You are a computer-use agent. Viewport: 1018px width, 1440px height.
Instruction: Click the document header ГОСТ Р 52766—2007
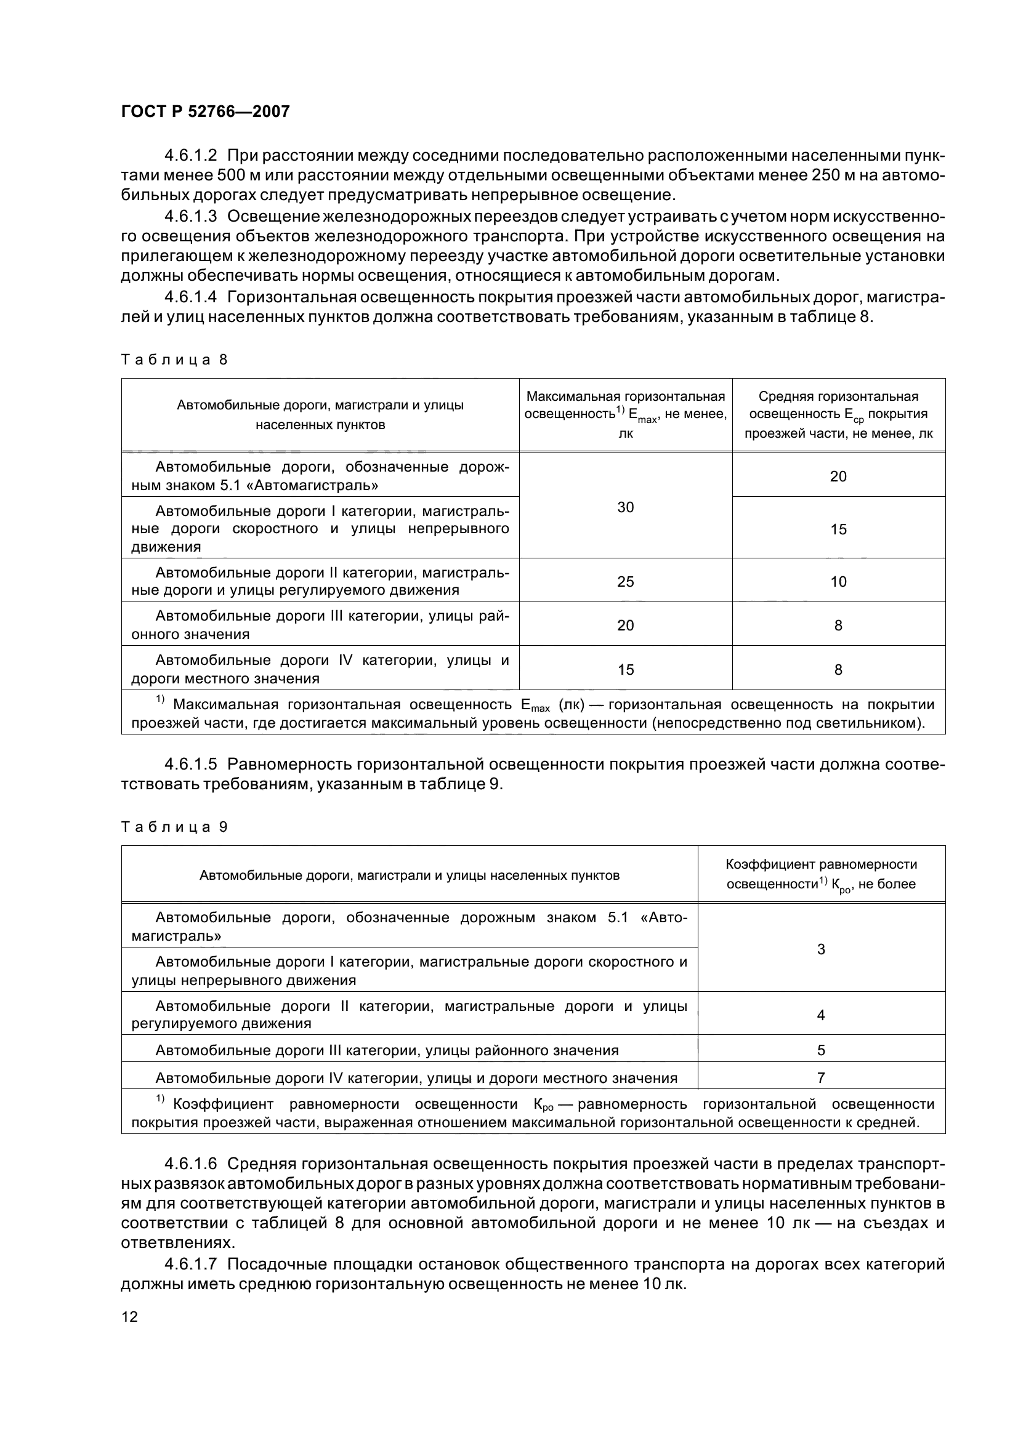[205, 111]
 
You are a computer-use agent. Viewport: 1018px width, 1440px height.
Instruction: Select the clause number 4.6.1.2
[190, 155]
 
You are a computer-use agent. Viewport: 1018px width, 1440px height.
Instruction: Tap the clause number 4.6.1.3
[190, 216]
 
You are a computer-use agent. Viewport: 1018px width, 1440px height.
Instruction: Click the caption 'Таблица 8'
[174, 360]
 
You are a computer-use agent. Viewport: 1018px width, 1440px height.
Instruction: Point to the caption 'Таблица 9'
[174, 827]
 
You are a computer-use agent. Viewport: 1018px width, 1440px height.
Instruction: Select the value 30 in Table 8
[625, 507]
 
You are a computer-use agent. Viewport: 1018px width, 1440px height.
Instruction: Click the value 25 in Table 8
[625, 581]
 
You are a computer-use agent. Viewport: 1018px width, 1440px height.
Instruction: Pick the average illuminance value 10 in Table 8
[838, 581]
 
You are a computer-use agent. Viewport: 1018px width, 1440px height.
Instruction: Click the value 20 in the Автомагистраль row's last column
[838, 477]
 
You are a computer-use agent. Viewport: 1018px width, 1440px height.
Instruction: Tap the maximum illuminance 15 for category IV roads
[625, 670]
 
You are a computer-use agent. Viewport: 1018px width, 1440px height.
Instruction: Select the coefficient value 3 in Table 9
[821, 949]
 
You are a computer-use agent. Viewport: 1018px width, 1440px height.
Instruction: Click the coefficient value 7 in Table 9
[821, 1077]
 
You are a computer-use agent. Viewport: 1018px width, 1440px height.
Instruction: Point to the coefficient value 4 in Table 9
[821, 1015]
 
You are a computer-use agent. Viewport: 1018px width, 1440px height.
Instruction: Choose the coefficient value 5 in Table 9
[821, 1050]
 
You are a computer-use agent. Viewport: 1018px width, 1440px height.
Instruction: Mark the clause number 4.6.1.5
[190, 764]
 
